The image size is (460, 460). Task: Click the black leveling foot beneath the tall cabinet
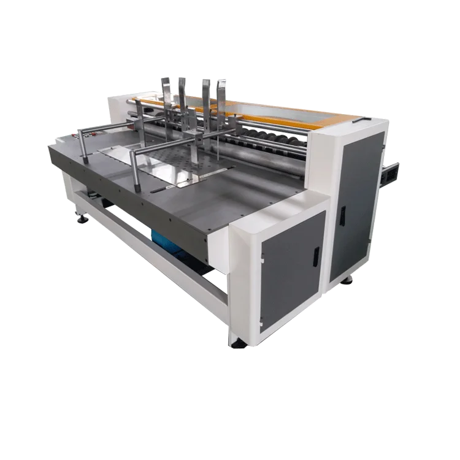pyautogui.click(x=347, y=280)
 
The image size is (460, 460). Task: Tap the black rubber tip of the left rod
pyautogui.click(x=84, y=160)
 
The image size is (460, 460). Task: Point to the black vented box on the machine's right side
pyautogui.click(x=391, y=174)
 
